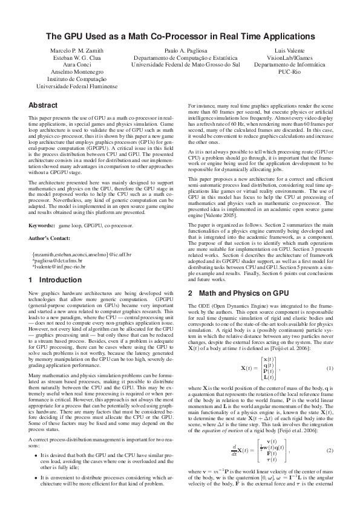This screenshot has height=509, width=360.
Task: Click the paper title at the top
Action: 180,36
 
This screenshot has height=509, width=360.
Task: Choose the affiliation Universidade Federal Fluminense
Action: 71,86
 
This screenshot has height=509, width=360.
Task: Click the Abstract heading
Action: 43,105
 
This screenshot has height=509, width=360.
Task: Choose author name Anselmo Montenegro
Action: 71,71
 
